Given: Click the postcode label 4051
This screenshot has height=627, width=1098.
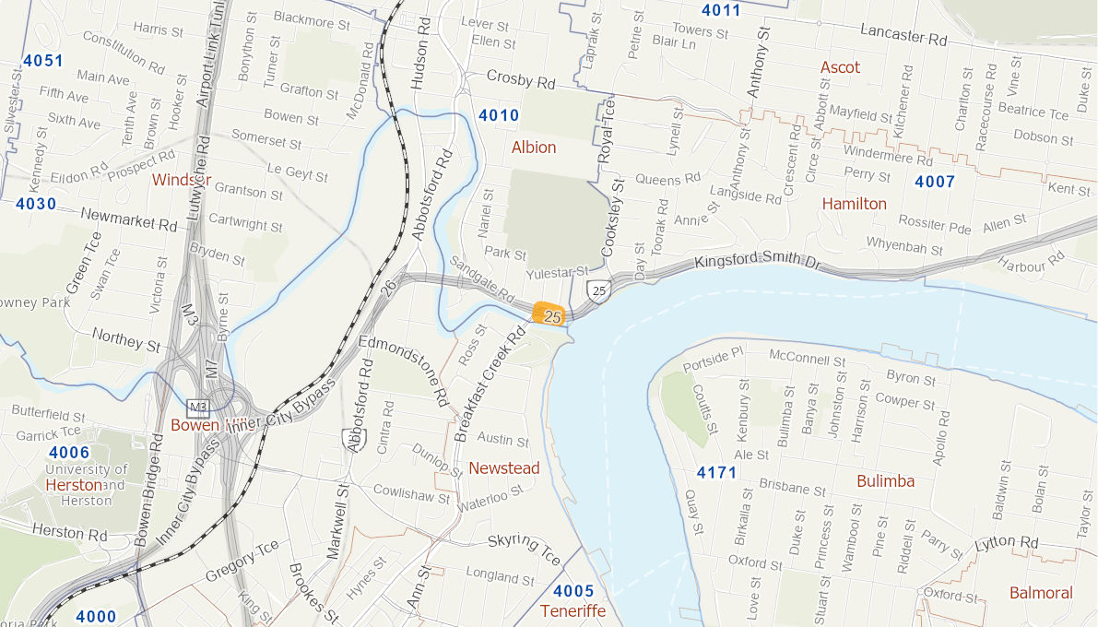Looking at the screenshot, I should coord(43,62).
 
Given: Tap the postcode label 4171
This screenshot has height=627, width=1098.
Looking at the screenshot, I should coord(716,473).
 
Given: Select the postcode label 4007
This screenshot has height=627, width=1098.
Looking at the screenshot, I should coord(935,182).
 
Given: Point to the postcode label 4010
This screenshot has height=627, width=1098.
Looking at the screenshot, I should coord(499,116).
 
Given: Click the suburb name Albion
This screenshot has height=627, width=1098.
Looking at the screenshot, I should coord(534,148).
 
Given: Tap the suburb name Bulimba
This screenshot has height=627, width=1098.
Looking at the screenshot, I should coord(885,480).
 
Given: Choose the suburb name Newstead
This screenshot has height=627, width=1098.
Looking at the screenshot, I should coord(503,468).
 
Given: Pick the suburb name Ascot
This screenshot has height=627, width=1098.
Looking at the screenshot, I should coord(840,67).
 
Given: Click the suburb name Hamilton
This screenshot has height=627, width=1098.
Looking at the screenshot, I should coord(854,204).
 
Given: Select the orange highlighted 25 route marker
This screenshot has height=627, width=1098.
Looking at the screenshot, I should coord(549,314).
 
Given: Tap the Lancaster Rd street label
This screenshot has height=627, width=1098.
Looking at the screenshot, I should coord(903,36).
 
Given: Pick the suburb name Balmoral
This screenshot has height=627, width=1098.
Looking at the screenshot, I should coord(1041,593).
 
